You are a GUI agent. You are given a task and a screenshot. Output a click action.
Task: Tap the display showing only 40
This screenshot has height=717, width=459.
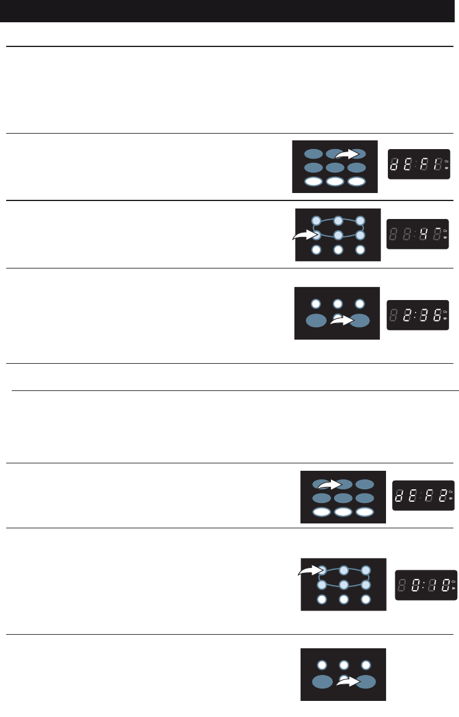point(417,234)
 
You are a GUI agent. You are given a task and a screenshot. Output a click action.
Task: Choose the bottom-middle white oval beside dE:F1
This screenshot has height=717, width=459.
point(335,182)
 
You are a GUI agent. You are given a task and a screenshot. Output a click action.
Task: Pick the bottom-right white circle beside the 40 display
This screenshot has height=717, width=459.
point(360,251)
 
